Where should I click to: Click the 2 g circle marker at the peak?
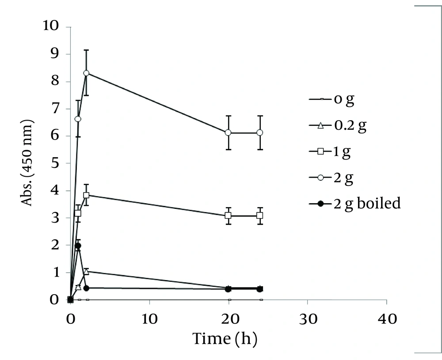click(x=86, y=73)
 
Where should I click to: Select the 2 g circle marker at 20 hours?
click(x=229, y=133)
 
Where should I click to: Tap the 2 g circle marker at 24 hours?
click(x=260, y=133)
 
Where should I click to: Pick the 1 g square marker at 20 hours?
click(x=229, y=216)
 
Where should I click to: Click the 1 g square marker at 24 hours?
click(x=260, y=216)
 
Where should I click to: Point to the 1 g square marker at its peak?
click(x=86, y=195)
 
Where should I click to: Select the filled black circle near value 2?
click(x=78, y=246)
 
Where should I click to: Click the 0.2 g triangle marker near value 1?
click(x=86, y=271)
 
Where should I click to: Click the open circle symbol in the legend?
click(x=321, y=178)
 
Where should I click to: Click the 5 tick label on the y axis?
click(x=54, y=163)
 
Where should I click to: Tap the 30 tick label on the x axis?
click(x=307, y=318)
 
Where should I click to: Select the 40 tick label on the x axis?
click(x=386, y=318)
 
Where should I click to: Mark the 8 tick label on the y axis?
click(x=54, y=81)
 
